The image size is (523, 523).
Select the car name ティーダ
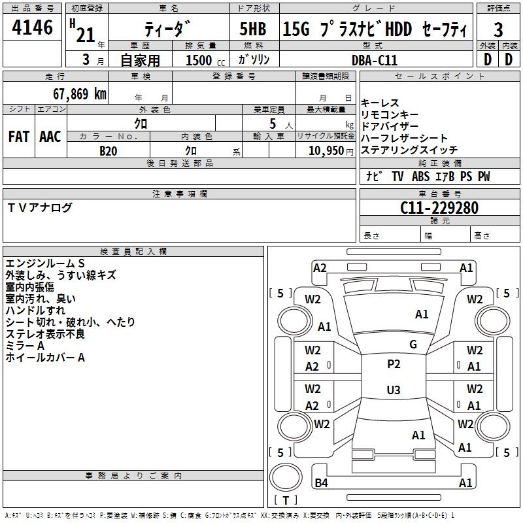pyautogui.click(x=168, y=29)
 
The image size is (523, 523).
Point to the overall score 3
pyautogui.click(x=498, y=30)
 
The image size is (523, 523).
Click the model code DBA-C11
pyautogui.click(x=374, y=60)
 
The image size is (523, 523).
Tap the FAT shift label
pyautogui.click(x=19, y=137)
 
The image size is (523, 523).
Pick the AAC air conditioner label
pyautogui.click(x=50, y=137)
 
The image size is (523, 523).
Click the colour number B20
pyautogui.click(x=108, y=150)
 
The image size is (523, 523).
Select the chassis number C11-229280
pyautogui.click(x=439, y=208)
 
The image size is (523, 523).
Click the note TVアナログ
pyautogui.click(x=40, y=208)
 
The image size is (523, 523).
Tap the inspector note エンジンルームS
pyautogui.click(x=46, y=263)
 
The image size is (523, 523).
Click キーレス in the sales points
pyautogui.click(x=380, y=103)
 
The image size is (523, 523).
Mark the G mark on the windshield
pyautogui.click(x=413, y=345)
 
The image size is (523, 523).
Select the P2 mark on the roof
pyautogui.click(x=394, y=364)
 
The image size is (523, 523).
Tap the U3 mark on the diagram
pyautogui.click(x=393, y=390)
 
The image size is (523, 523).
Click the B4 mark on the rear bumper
pyautogui.click(x=321, y=483)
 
